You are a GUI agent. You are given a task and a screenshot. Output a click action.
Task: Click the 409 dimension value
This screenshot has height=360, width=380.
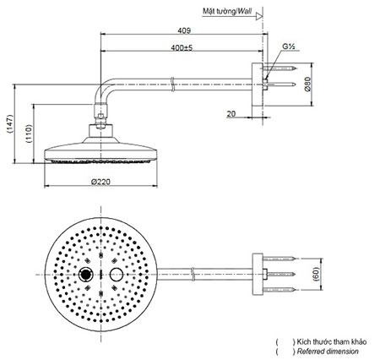[183, 30]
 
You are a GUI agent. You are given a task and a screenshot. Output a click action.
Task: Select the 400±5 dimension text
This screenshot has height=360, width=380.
[182, 49]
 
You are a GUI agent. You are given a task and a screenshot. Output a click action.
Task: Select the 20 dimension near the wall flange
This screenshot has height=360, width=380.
[231, 112]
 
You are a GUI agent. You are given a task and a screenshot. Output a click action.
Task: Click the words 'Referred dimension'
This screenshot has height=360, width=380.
[326, 351]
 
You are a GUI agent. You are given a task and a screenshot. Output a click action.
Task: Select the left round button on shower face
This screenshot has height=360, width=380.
[86, 275]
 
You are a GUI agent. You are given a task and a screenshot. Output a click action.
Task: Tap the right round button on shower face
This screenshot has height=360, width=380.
[117, 275]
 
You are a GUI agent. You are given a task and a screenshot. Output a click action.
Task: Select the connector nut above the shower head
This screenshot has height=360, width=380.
[104, 128]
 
